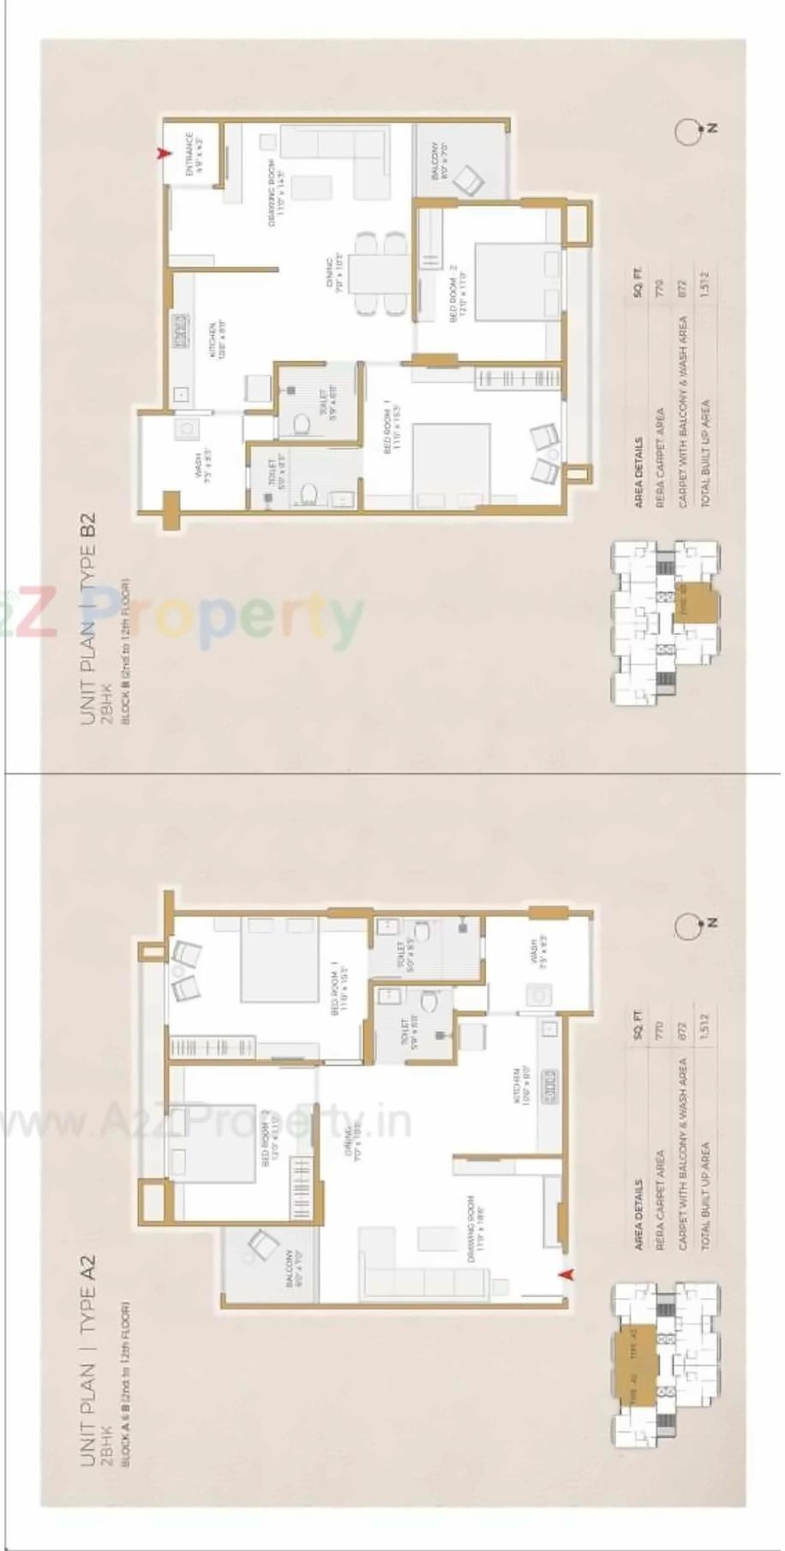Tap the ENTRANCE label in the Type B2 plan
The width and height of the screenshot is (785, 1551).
[194, 154]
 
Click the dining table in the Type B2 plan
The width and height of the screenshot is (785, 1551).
[370, 272]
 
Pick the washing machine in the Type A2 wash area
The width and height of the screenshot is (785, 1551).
[541, 996]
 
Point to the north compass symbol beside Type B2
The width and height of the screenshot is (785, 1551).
[686, 130]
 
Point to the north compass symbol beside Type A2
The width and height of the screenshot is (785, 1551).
[686, 925]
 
